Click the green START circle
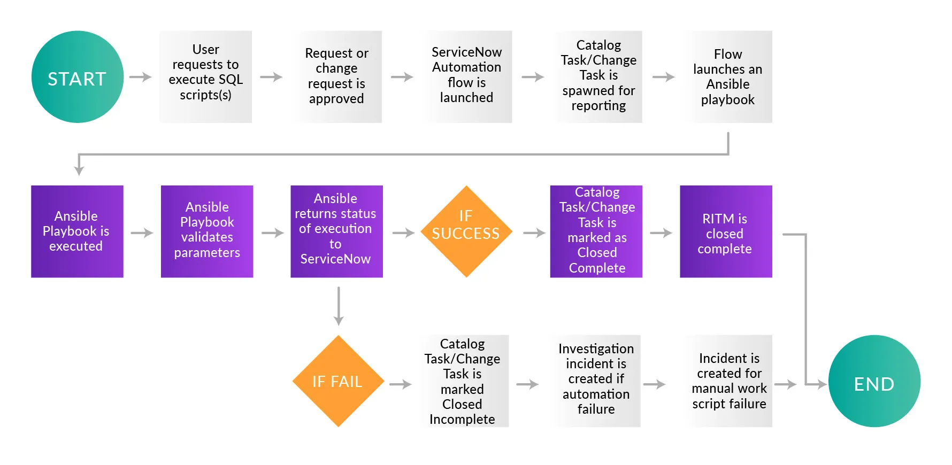coord(78,77)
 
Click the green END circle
coord(874,381)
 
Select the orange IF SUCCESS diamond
coord(466,231)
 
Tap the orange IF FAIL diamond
coord(339,381)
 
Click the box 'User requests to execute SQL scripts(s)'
coord(205,77)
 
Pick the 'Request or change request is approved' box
coord(336,77)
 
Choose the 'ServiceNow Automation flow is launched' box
coord(466,77)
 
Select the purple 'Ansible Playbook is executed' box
coord(77,231)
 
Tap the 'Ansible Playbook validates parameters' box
coord(207,231)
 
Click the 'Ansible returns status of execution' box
coord(336,231)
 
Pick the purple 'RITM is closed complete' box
coord(726,231)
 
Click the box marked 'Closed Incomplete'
coord(463,381)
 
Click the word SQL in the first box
coord(231,79)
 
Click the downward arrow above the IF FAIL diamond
coord(339,306)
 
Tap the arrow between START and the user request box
coord(141,77)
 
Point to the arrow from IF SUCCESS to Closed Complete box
coord(534,232)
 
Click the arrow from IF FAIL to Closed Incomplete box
coord(401,384)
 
